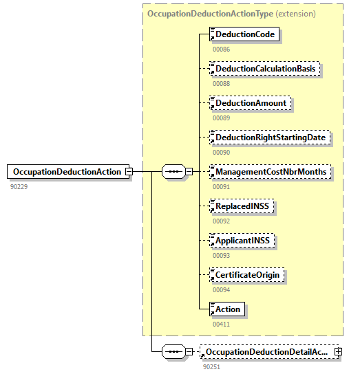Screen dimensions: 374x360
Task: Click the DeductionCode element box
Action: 244,34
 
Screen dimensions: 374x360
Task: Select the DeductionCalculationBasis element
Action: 265,69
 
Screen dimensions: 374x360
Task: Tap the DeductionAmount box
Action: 251,103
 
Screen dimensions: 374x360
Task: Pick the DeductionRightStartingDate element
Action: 269,137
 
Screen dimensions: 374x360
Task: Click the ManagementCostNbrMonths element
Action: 269,171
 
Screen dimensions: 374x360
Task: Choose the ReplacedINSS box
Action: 242,206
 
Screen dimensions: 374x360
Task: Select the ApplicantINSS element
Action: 243,240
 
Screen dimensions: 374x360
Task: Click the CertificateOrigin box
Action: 247,275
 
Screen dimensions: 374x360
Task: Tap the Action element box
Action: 227,309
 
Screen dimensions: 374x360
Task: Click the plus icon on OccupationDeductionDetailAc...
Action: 338,352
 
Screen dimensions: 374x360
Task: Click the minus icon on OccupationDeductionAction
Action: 128,172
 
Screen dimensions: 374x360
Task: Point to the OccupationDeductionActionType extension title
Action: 231,13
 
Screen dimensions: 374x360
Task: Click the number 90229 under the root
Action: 19,186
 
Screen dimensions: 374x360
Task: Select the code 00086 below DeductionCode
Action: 221,49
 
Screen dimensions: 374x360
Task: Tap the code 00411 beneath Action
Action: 221,324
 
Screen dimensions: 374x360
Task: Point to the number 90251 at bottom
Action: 212,367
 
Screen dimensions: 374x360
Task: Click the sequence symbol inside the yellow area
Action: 173,171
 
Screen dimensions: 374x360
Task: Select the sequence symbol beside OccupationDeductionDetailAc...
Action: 173,352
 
